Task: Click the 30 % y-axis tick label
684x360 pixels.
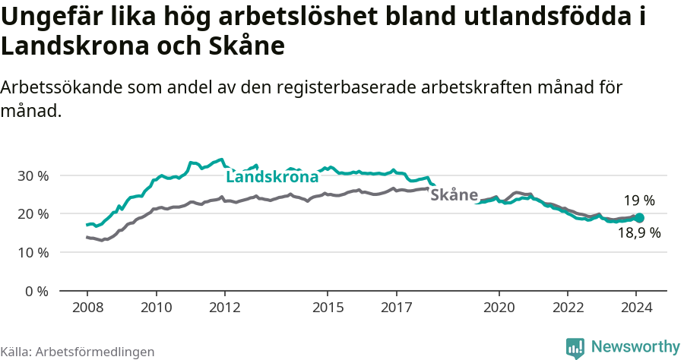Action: point(32,175)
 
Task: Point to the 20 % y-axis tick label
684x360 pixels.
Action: point(32,214)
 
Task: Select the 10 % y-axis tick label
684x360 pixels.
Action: point(32,252)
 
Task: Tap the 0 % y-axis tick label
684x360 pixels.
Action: point(35,291)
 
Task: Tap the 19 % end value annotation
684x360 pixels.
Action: point(639,201)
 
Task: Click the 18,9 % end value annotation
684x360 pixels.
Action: point(638,233)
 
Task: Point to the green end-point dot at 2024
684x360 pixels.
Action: point(639,218)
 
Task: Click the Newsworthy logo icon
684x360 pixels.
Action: point(575,348)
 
